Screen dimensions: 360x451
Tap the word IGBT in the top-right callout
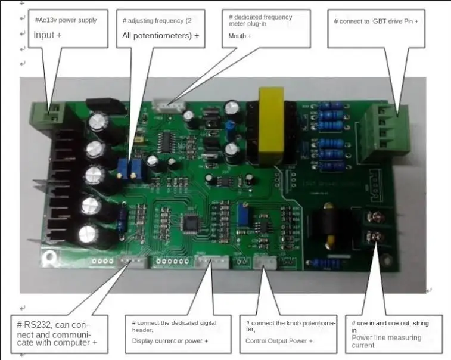[388, 21]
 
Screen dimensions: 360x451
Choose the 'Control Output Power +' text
[279, 341]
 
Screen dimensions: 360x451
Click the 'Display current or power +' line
[170, 340]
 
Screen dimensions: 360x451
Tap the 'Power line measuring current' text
[386, 341]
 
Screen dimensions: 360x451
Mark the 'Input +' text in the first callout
[48, 35]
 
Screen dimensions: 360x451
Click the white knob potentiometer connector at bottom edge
[263, 263]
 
